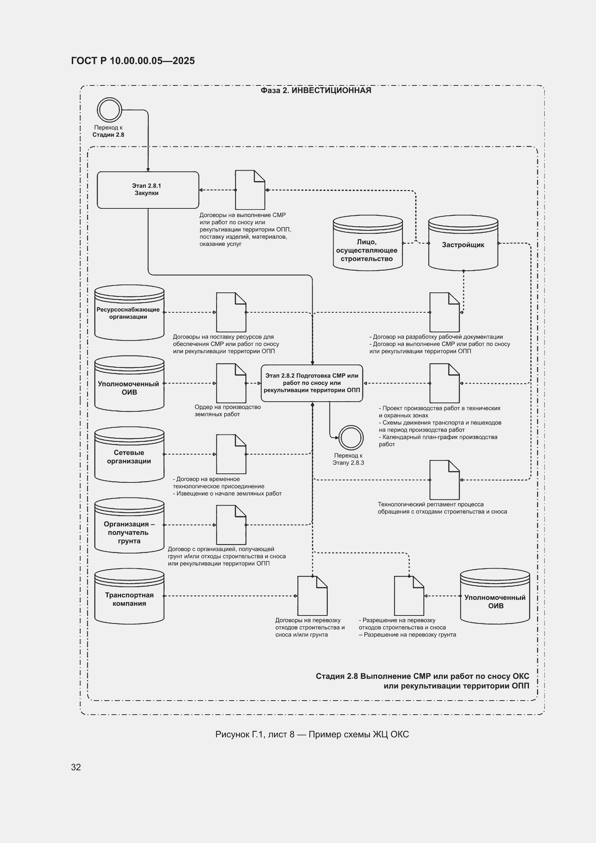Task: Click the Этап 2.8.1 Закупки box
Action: pyautogui.click(x=148, y=190)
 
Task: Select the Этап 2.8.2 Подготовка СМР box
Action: pyautogui.click(x=312, y=383)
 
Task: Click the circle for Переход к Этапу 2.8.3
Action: pyautogui.click(x=351, y=438)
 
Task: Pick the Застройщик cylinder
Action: pyautogui.click(x=463, y=243)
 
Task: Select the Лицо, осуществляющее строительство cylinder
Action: pyautogui.click(x=368, y=243)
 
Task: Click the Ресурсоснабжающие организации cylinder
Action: pyautogui.click(x=129, y=313)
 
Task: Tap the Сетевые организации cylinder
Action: pyautogui.click(x=129, y=454)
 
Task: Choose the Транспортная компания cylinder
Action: pyautogui.click(x=129, y=596)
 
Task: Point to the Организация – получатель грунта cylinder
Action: pyautogui.click(x=129, y=525)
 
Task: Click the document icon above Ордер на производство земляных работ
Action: pyautogui.click(x=231, y=383)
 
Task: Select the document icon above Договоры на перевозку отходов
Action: pyautogui.click(x=312, y=596)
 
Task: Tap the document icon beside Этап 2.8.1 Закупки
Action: pyautogui.click(x=250, y=190)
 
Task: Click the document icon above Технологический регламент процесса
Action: pyautogui.click(x=444, y=480)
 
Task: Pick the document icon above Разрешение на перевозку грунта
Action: pyautogui.click(x=409, y=596)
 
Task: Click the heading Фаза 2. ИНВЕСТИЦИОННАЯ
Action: pyautogui.click(x=316, y=90)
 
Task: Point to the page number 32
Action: pyautogui.click(x=76, y=767)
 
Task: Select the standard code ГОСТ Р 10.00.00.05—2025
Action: pyautogui.click(x=133, y=61)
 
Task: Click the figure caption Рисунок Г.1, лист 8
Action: pyautogui.click(x=255, y=734)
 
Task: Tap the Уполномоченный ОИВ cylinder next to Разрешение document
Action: pyautogui.click(x=495, y=596)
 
